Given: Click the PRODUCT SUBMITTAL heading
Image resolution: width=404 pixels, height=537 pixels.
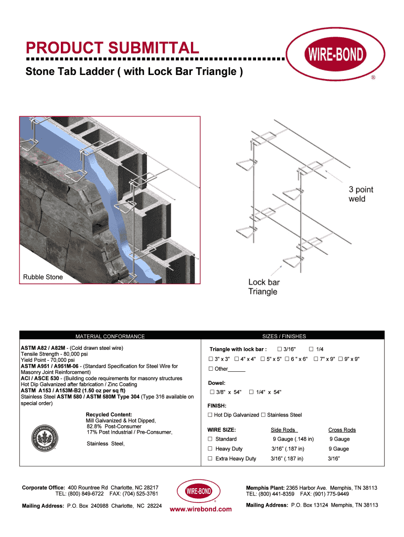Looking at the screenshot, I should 112,49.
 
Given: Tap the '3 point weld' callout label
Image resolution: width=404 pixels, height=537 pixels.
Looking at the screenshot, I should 361,194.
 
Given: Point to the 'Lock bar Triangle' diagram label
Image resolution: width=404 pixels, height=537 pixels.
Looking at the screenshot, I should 264,287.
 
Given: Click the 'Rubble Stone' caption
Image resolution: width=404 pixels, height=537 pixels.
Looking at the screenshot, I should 42,277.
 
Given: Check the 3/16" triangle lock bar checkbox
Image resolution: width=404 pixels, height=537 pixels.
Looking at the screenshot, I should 280,349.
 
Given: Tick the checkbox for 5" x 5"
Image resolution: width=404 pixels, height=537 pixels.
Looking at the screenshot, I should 262,359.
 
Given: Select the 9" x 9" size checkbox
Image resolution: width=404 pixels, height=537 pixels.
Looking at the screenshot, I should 341,359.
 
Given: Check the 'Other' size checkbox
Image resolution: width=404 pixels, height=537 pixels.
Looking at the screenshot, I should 210,369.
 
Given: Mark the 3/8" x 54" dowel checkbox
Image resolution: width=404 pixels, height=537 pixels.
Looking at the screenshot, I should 211,392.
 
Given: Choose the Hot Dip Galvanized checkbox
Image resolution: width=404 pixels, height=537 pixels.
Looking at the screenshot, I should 210,415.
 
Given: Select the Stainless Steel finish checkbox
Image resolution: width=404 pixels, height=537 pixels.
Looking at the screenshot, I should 263,415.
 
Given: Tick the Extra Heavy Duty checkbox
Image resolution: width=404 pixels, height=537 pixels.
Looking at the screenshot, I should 210,458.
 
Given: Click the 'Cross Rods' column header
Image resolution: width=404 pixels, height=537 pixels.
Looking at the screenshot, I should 342,430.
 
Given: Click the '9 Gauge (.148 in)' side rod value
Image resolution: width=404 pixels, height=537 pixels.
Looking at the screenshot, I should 293,439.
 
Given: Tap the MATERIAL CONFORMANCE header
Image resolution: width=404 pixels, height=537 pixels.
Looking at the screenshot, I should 110,336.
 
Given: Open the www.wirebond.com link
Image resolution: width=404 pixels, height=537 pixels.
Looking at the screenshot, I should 201,509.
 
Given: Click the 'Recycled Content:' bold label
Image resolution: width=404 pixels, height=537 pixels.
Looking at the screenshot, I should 109,415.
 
